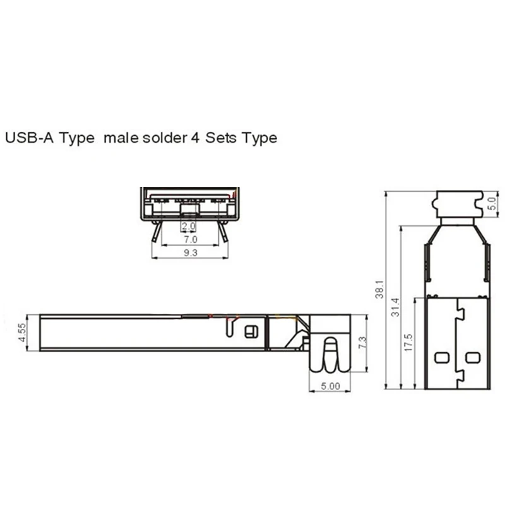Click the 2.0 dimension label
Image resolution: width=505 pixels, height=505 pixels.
(x=187, y=226)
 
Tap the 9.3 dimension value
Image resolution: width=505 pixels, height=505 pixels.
(x=190, y=253)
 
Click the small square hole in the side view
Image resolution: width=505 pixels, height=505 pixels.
(x=251, y=331)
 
